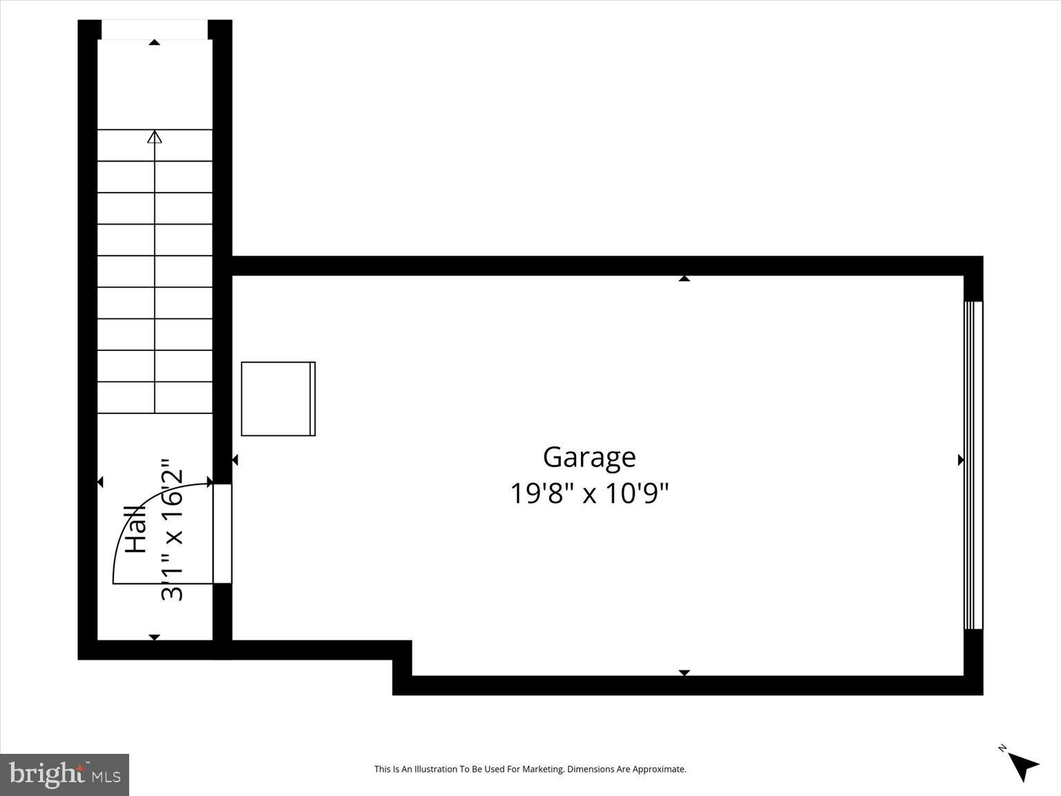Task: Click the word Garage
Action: coord(589,457)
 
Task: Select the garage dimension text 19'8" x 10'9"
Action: coord(589,494)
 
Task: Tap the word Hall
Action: coord(136,529)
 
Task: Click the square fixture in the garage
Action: coord(278,399)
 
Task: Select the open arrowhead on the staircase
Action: coord(155,137)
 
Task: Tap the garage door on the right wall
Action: coord(973,465)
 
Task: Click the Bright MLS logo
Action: coord(64,775)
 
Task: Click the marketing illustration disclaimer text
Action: coord(530,769)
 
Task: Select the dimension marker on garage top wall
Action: coord(684,278)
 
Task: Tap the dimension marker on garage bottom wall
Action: coord(684,672)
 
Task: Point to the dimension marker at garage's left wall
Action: coord(235,460)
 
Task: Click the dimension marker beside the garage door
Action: coord(960,460)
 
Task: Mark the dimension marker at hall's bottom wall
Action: coord(155,637)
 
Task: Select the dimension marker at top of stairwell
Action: coord(155,43)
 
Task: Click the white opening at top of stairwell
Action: coord(155,30)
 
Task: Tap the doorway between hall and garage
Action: coord(222,533)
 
